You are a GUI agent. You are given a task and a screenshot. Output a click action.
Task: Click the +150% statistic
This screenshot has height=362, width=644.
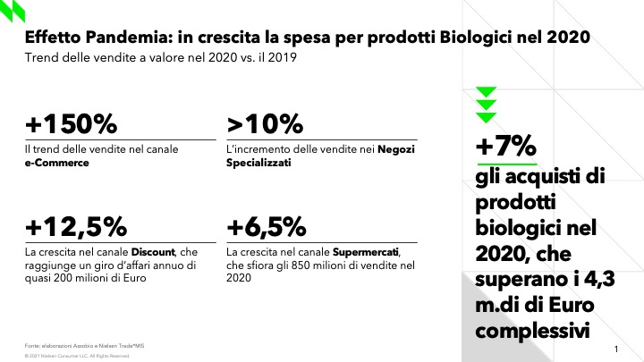tap(69, 123)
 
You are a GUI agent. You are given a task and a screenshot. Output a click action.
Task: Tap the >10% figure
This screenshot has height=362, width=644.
tap(266, 123)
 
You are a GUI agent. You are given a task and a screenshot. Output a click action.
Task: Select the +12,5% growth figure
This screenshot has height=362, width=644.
tap(76, 224)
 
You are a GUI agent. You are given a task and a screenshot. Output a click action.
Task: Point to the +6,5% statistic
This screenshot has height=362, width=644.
tap(267, 224)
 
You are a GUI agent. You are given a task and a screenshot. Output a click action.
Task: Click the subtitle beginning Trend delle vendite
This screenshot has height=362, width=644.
tap(162, 59)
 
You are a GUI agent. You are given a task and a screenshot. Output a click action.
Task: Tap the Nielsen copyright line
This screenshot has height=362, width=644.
tap(78, 356)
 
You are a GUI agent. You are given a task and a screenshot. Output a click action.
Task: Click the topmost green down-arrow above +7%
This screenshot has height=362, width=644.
tap(486, 91)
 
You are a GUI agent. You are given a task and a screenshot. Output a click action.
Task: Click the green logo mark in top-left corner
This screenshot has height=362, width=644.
tap(13, 12)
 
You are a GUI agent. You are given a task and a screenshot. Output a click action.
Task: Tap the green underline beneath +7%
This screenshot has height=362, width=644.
tap(505, 165)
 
